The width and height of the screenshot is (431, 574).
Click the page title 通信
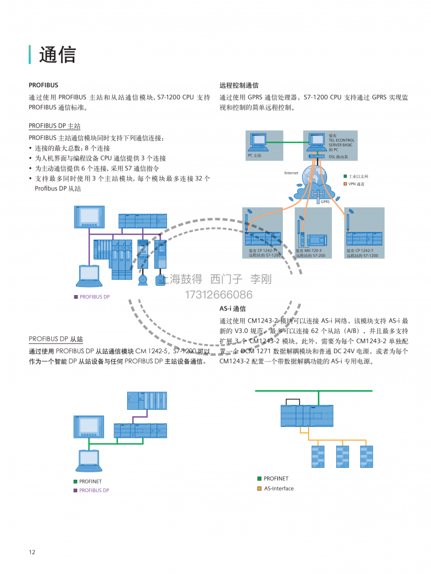(x=58, y=54)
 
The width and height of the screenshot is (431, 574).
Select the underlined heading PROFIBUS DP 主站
(x=54, y=125)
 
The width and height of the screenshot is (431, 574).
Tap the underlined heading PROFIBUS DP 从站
(x=55, y=339)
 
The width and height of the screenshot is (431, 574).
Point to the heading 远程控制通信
(x=239, y=85)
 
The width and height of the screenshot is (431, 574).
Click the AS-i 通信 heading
(x=233, y=309)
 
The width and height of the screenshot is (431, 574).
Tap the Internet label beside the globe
(x=291, y=173)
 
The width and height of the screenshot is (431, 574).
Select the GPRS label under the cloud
(x=325, y=202)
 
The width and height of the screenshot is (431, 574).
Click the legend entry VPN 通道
(x=356, y=184)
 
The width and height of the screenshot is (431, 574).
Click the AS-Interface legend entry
(x=279, y=488)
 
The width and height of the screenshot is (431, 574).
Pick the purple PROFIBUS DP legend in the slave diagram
(x=94, y=490)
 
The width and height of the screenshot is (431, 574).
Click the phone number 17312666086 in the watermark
(x=218, y=295)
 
